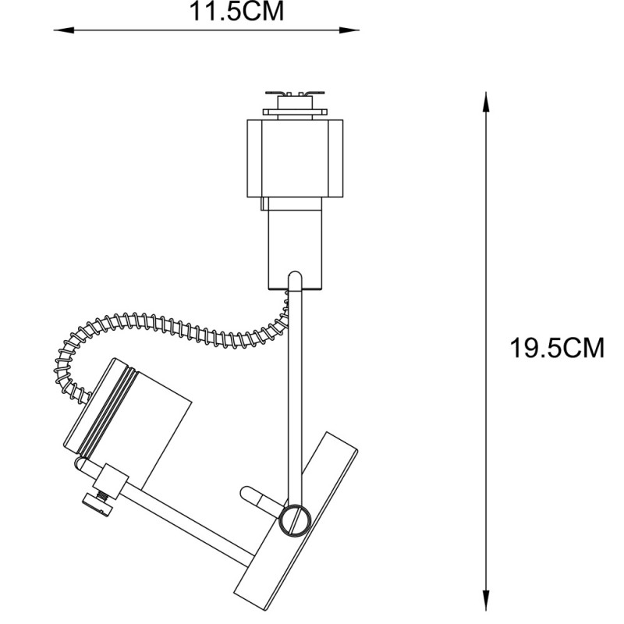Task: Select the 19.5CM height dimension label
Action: coord(557,348)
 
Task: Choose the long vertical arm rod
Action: coord(296,390)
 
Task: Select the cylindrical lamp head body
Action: coord(148,421)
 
